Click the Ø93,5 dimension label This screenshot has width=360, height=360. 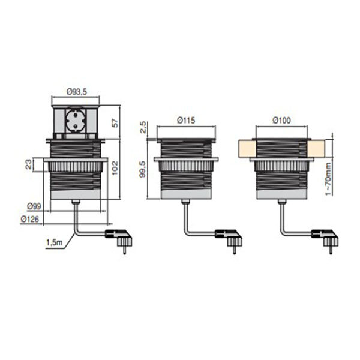click(x=77, y=92)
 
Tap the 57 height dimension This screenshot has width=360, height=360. click(x=115, y=123)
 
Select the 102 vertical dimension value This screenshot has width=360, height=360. click(x=115, y=168)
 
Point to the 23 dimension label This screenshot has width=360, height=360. click(x=29, y=164)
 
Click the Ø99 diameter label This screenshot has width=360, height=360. click(x=34, y=206)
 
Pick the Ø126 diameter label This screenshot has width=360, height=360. click(x=30, y=219)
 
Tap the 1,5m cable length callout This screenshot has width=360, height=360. click(x=55, y=242)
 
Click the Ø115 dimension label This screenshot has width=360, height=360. click(x=186, y=121)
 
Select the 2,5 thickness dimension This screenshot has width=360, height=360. click(x=143, y=127)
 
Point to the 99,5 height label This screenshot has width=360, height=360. click(x=143, y=169)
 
